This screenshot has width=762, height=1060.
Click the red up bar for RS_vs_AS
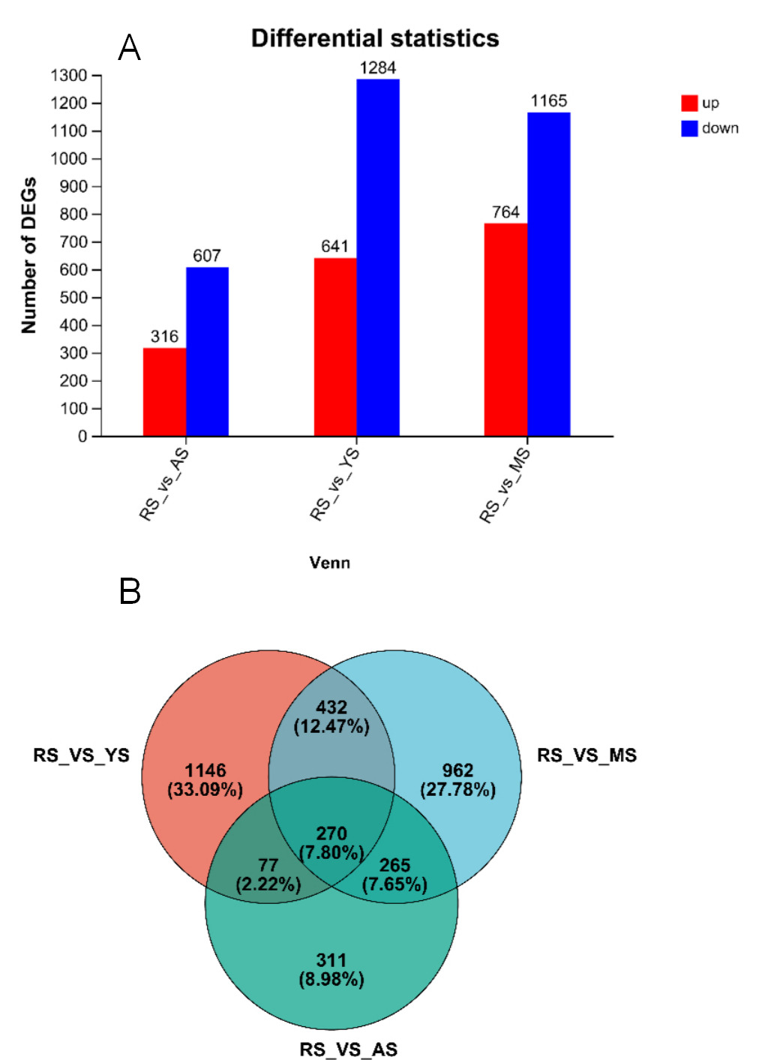click(164, 392)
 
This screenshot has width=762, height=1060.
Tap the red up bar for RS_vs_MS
click(505, 329)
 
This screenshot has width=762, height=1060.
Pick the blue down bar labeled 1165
click(548, 274)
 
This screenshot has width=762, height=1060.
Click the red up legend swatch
click(689, 103)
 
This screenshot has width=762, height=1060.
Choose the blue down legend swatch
click(689, 128)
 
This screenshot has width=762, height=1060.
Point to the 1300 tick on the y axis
click(69, 76)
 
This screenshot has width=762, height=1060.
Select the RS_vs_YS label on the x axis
click(335, 483)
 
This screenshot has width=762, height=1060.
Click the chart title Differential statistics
click(375, 38)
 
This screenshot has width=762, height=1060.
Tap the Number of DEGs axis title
click(28, 255)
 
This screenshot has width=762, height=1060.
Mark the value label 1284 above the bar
click(377, 68)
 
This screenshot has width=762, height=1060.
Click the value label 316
click(164, 337)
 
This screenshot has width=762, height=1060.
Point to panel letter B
click(130, 592)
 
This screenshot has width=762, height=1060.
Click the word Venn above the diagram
click(329, 563)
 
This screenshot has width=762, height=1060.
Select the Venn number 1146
click(205, 770)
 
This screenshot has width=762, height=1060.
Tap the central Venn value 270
click(331, 833)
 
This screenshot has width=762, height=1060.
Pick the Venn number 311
click(331, 960)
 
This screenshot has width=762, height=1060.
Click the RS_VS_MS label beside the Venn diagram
click(586, 755)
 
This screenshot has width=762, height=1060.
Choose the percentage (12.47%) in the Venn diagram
click(331, 726)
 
